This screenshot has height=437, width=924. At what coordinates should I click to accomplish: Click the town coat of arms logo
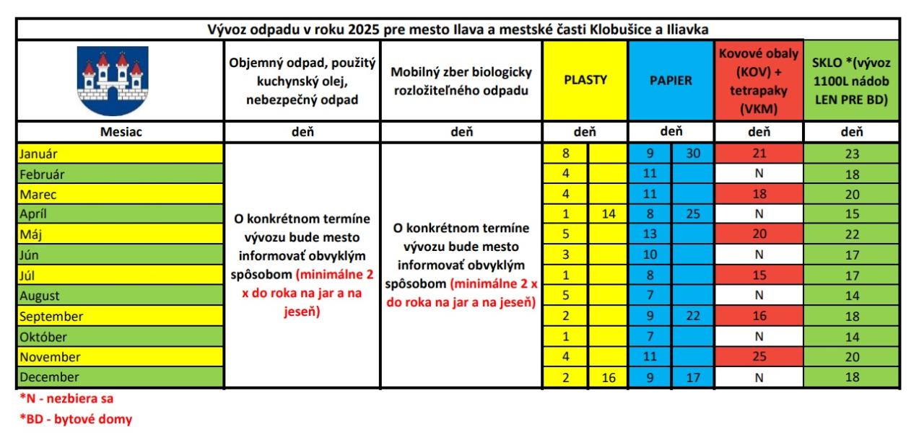(112, 81)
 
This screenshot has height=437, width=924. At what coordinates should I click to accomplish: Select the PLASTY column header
(585, 80)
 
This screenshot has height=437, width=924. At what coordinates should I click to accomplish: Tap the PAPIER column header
(671, 80)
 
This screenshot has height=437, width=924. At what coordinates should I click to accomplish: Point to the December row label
(49, 376)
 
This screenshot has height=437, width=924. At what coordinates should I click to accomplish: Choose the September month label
(51, 316)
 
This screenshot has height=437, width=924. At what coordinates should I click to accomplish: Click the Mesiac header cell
(120, 132)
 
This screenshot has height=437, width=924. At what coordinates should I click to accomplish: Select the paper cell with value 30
(693, 153)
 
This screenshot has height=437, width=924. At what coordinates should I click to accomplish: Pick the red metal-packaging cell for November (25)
(758, 356)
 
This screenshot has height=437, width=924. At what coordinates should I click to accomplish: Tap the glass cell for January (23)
(851, 154)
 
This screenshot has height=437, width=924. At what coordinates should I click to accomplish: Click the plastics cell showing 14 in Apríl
(608, 213)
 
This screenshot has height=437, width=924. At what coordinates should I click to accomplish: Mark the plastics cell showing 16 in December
(608, 376)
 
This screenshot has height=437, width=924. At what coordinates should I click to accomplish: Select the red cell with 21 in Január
(758, 153)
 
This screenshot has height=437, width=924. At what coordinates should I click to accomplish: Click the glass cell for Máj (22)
(851, 234)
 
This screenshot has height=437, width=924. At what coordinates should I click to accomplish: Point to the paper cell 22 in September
(693, 316)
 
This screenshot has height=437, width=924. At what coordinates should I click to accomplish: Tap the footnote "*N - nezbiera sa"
(66, 398)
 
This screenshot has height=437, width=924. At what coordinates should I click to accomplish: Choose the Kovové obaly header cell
(758, 80)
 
